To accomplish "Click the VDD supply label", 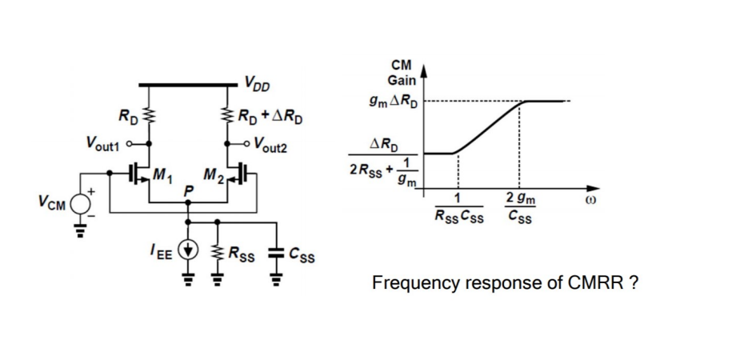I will [257, 81].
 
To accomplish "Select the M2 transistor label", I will [212, 176].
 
